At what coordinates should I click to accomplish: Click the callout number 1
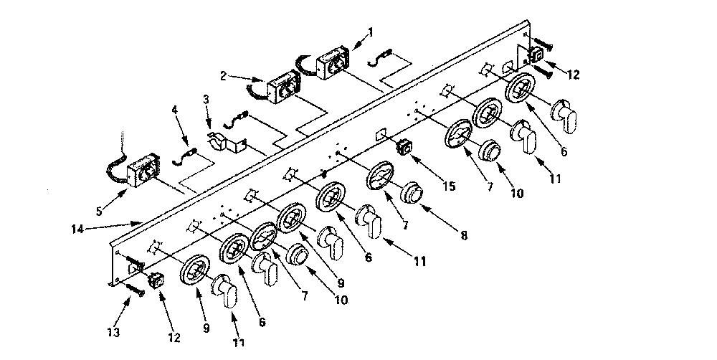371,32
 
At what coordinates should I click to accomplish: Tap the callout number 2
223,76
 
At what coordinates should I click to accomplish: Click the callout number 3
206,100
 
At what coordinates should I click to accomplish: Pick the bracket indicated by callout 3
226,143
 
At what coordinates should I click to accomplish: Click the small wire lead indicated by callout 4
186,156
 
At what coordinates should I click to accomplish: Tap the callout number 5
99,212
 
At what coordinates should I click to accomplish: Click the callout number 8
464,236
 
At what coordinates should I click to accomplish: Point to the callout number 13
113,333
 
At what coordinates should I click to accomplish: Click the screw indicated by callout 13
133,288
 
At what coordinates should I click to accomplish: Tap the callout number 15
449,186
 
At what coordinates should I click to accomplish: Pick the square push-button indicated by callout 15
404,148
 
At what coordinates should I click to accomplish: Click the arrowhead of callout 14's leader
140,223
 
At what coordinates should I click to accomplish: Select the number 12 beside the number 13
174,338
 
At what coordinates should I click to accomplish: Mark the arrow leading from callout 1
356,41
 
